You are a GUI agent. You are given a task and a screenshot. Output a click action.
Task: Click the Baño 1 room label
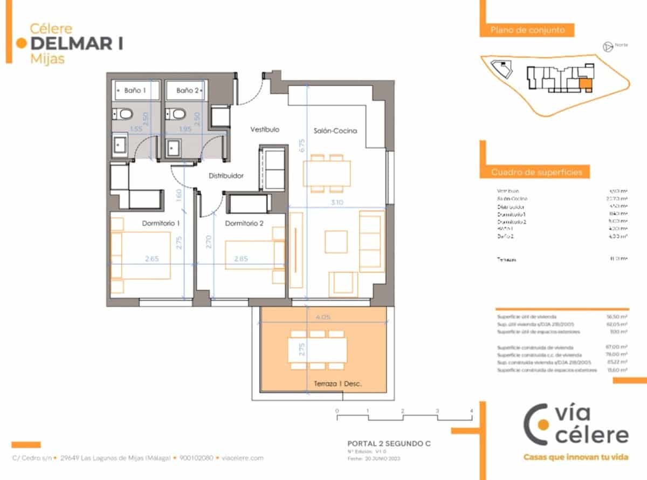coord(135,91)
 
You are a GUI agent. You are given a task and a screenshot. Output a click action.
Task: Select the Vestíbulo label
coord(265,130)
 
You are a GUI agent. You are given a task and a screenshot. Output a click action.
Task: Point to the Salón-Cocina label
coord(335,131)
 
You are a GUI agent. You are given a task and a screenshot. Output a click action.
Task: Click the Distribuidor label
coord(226,176)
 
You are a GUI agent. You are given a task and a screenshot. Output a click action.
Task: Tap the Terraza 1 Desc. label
coord(337,384)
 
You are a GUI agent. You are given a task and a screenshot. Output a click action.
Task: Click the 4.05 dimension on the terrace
coord(322,318)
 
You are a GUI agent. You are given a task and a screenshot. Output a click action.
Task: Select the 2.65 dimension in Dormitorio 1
coord(152,259)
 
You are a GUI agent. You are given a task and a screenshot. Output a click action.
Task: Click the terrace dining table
coord(318,349)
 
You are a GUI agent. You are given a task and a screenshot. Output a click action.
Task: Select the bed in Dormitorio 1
coord(142,255)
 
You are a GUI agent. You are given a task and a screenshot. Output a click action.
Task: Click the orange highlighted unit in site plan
coord(585,84)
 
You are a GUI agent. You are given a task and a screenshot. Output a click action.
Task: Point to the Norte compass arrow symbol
coord(608,47)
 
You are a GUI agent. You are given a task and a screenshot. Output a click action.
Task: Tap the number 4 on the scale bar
coord(472,411)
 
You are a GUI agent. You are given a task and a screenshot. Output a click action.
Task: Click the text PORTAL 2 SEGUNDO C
coord(390,444)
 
